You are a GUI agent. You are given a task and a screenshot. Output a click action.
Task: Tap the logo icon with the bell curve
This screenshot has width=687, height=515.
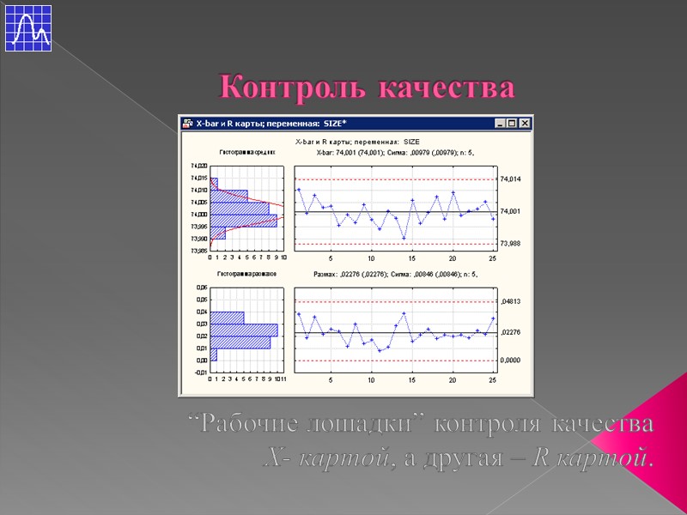pos(27,27)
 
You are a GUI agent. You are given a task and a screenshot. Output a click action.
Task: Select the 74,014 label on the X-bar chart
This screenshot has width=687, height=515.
pos(510,179)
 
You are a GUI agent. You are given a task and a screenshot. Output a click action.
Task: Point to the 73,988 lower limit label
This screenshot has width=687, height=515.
pos(510,244)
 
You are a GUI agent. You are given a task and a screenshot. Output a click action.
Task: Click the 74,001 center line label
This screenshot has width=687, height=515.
pos(510,211)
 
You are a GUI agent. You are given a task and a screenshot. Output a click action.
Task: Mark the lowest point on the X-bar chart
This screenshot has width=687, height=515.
pos(404,239)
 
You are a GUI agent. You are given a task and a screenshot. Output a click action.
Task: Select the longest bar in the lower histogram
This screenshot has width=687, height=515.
pos(244,330)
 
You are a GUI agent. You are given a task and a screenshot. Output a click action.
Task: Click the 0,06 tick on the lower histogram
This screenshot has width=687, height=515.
pos(201,288)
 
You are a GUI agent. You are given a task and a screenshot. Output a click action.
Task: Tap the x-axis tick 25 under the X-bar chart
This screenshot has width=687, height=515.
pos(493,258)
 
